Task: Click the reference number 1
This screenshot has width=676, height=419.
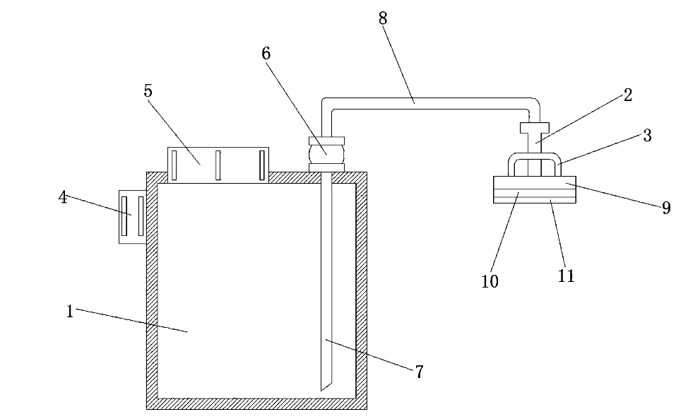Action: click(70, 311)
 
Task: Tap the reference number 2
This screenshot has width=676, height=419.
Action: click(628, 95)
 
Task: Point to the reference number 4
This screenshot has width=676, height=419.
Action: click(63, 197)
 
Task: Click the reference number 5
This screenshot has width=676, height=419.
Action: click(148, 90)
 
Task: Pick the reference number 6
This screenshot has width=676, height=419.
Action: click(266, 53)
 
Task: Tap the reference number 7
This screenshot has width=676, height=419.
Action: click(419, 372)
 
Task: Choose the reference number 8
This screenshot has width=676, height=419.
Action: click(383, 18)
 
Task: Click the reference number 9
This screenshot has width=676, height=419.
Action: click(665, 208)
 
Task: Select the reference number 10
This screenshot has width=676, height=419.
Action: click(490, 281)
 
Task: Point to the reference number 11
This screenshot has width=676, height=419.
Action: click(567, 276)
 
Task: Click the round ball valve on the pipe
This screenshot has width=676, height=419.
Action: click(326, 151)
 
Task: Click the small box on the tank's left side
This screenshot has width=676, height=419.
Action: click(132, 216)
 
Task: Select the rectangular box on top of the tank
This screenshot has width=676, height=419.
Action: click(218, 165)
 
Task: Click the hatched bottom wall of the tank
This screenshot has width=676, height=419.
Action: click(256, 403)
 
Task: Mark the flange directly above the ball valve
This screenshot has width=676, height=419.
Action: click(326, 140)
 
